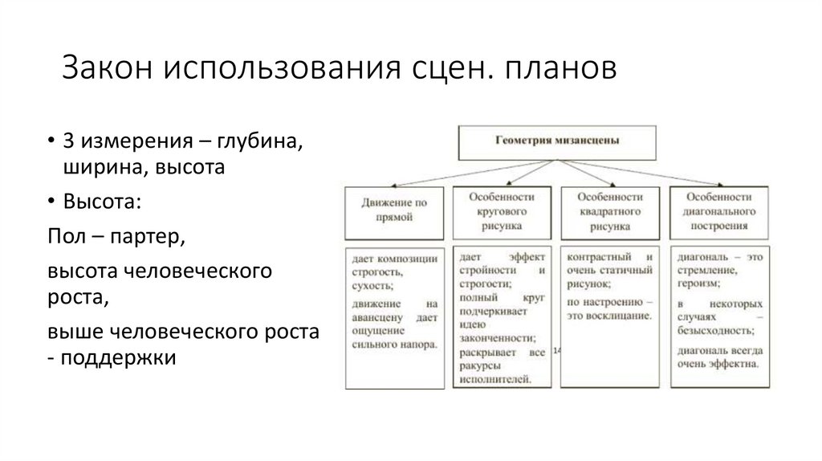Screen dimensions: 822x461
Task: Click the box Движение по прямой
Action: (393, 210)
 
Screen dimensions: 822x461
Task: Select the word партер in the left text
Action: (145, 238)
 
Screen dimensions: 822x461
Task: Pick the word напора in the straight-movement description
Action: (419, 345)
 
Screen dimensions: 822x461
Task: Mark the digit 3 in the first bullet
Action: (68, 142)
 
